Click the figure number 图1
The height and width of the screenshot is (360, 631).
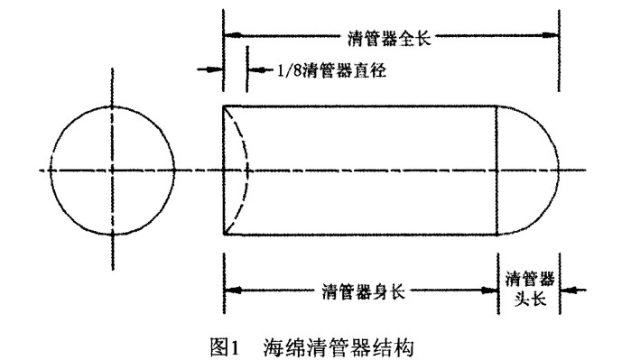[221, 345]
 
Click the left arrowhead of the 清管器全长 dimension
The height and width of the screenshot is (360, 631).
[231, 36]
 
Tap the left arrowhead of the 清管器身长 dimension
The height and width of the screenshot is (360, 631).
[231, 291]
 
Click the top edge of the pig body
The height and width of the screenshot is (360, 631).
[361, 106]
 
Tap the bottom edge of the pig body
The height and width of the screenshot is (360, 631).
[361, 234]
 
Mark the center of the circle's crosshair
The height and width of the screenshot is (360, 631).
[113, 170]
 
